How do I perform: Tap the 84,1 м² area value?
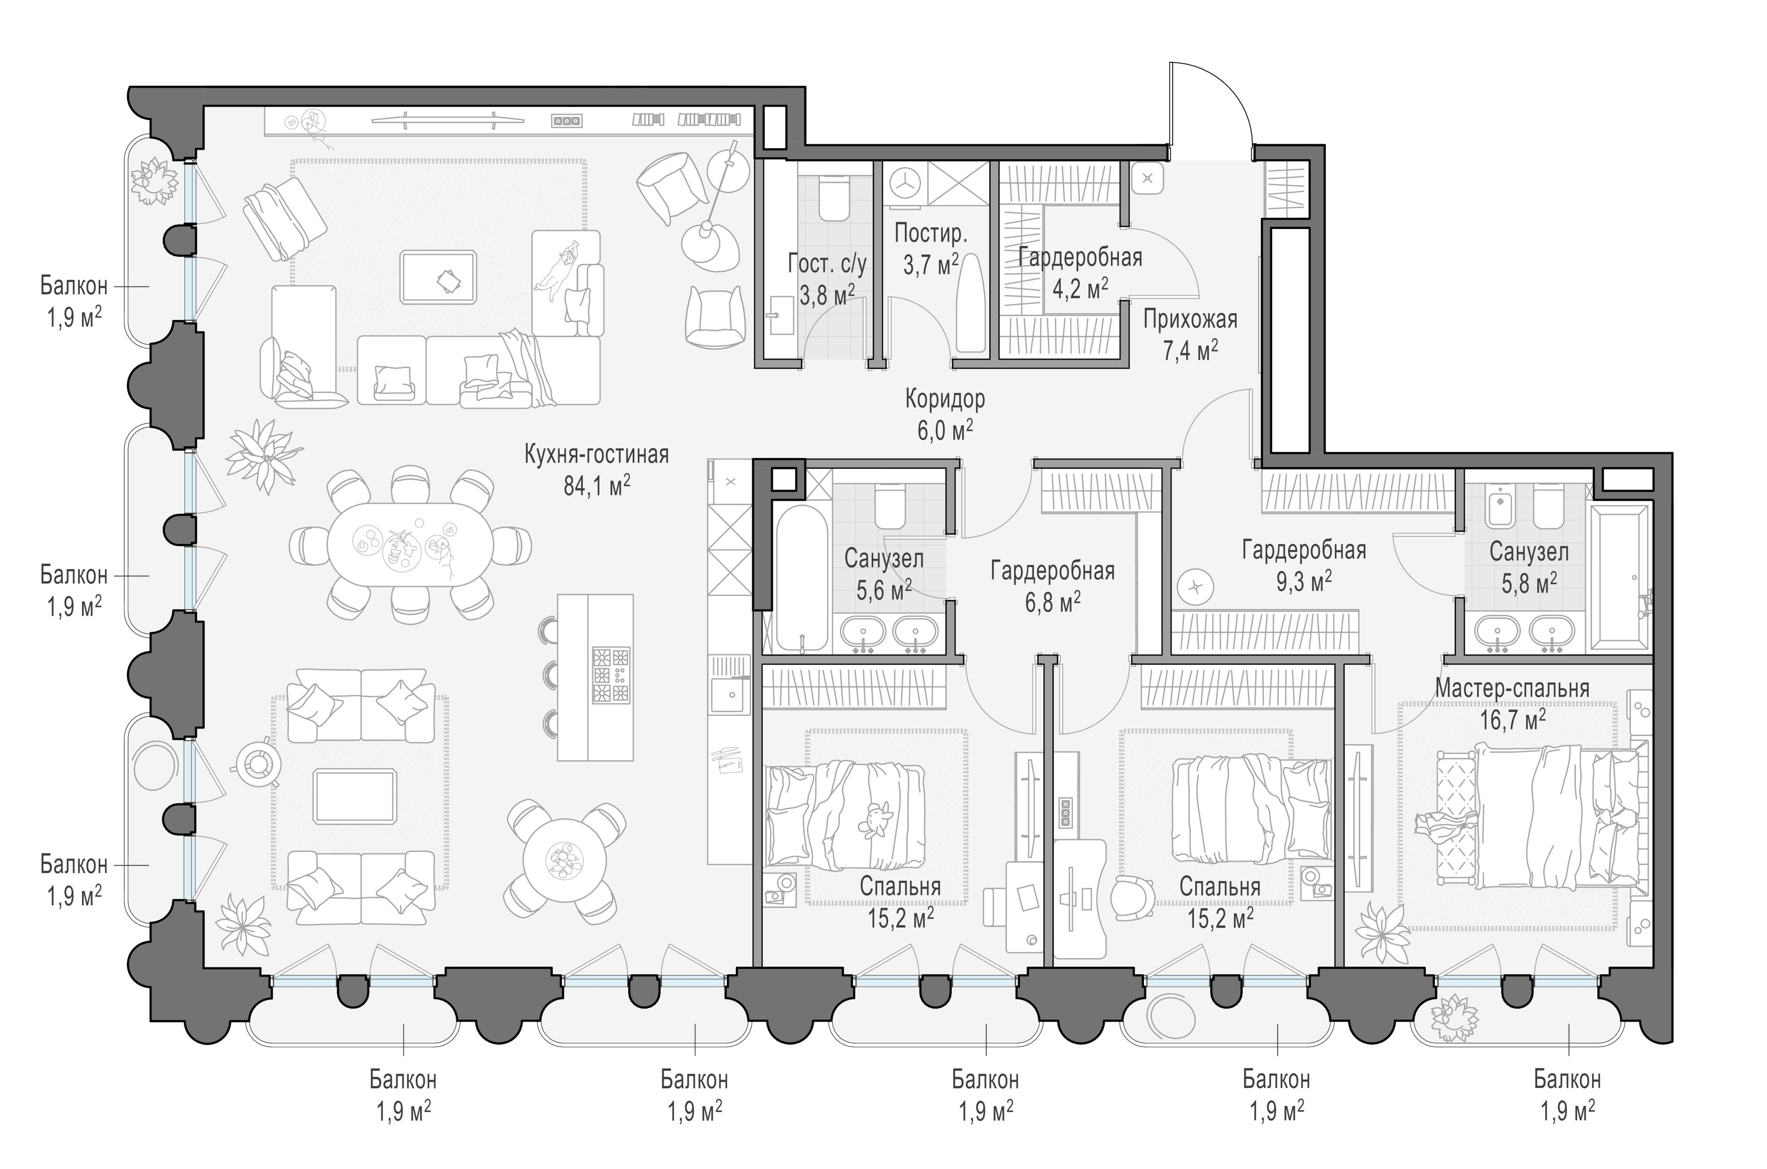click(596, 485)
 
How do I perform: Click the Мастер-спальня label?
click(1512, 688)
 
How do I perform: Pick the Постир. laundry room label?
click(930, 233)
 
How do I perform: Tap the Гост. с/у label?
click(827, 264)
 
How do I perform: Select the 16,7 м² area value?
click(1513, 720)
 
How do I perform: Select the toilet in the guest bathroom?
click(833, 198)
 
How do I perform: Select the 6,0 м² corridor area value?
click(945, 430)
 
